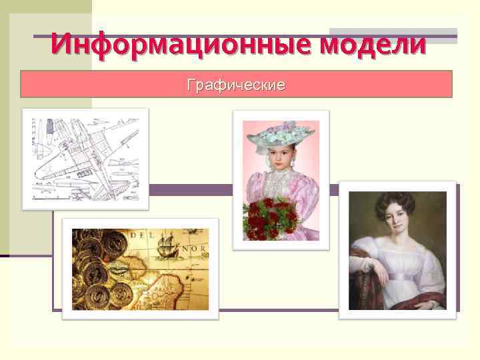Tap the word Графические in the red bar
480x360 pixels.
point(237,85)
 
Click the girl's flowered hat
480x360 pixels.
point(279,135)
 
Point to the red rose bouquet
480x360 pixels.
point(271,218)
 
